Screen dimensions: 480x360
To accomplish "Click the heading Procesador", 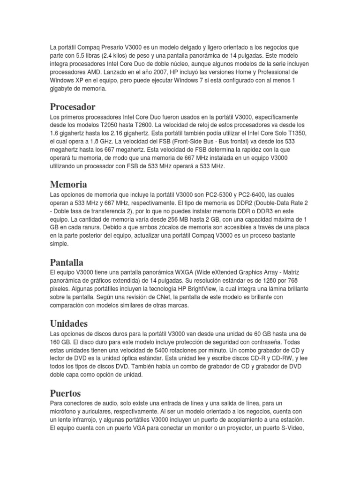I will point(72,107).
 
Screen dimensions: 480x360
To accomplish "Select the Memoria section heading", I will point(68,184).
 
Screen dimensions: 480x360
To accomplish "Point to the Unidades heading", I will point(68,323).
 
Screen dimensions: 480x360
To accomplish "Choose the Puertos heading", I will point(65,393).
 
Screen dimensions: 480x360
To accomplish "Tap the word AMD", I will point(93,73).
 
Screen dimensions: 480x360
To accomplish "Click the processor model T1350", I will point(295,132).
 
